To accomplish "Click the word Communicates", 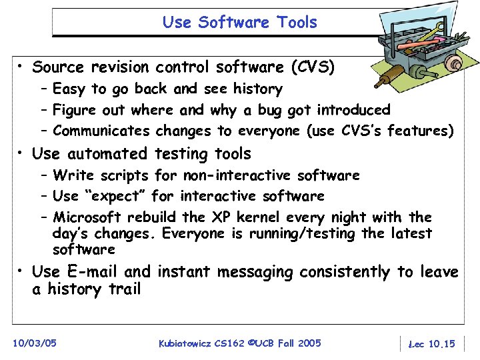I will (x=101, y=131).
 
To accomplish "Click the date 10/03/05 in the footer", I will (x=35, y=343).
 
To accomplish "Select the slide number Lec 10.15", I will (x=431, y=343).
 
